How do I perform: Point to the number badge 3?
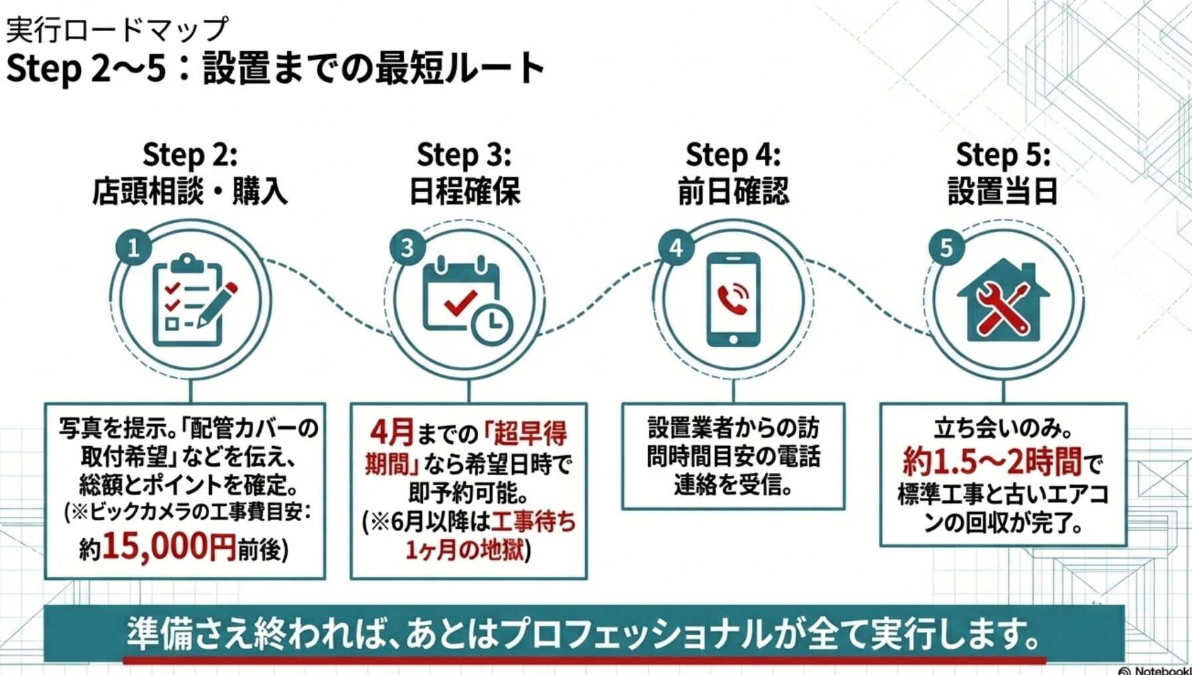[x=407, y=248]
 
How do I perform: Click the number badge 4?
[x=676, y=248]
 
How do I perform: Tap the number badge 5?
[x=946, y=248]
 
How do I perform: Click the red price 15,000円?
[x=169, y=546]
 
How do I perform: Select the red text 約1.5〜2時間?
[x=992, y=461]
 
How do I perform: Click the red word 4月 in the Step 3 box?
[x=392, y=433]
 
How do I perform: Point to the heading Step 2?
[x=190, y=155]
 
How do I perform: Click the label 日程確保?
[x=464, y=191]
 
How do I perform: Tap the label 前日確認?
[x=733, y=191]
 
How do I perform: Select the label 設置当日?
[x=1003, y=191]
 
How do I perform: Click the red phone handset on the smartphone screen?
[x=731, y=299]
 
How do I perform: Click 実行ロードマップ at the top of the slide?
[x=117, y=29]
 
